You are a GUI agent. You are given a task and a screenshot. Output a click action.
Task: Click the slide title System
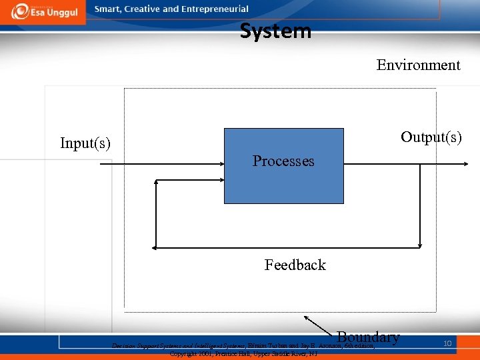point(275,31)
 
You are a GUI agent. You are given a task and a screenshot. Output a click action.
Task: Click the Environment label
point(418,65)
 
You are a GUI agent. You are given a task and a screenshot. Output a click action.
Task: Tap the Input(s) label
point(85,143)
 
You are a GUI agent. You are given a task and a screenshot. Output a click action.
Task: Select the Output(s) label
point(431,137)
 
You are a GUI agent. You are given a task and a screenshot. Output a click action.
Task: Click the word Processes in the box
point(283,161)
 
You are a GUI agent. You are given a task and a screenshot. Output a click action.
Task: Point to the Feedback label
point(295,265)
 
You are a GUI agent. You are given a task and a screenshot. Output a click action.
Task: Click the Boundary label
point(369,337)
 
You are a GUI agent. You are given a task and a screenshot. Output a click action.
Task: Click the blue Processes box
point(283,187)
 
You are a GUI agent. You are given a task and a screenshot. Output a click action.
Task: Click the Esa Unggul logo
point(43,11)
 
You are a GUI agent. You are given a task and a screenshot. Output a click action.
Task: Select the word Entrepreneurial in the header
point(215,9)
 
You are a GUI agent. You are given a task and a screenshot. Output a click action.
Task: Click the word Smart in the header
point(107,9)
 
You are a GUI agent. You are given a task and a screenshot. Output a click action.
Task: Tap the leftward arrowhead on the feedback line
point(155,247)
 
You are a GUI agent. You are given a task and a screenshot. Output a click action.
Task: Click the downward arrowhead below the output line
point(420,245)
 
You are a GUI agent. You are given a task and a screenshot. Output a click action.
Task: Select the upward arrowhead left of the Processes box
point(156,181)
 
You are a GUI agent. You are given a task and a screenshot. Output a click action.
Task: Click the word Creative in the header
point(142,9)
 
